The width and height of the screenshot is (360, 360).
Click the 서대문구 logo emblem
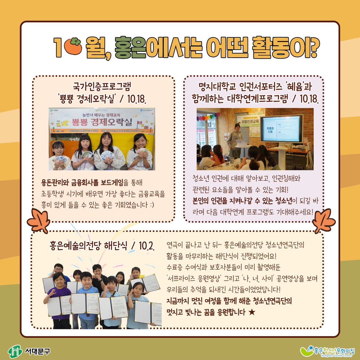[15, 351]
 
